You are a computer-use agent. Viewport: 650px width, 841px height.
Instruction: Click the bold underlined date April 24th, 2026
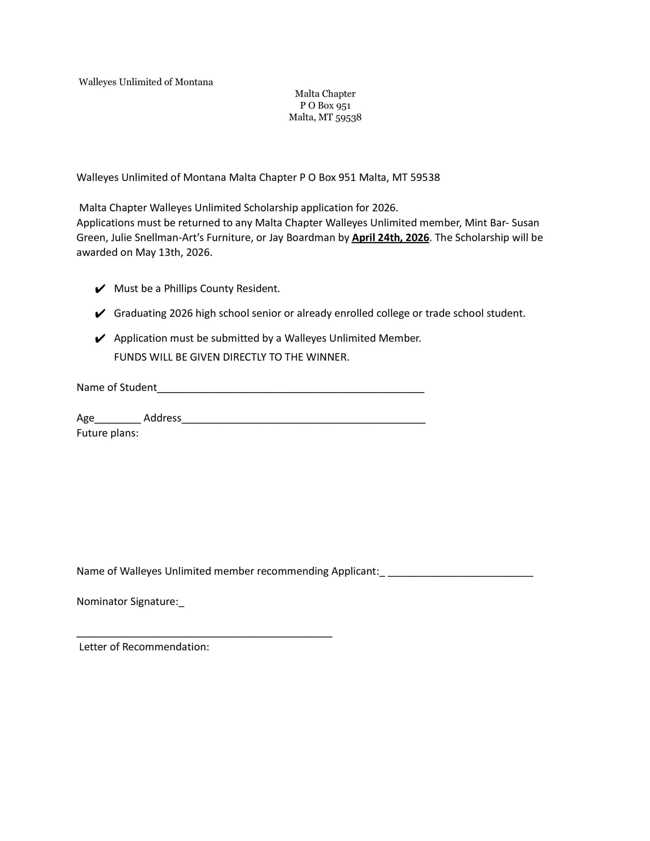(390, 238)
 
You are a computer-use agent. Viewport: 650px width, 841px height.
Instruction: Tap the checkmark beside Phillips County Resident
(100, 289)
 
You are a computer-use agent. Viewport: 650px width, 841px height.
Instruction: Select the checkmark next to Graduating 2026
(100, 314)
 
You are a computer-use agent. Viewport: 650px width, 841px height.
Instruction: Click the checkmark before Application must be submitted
(100, 338)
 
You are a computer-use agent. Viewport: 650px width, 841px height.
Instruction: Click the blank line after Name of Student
(290, 390)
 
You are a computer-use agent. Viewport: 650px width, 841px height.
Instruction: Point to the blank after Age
(118, 421)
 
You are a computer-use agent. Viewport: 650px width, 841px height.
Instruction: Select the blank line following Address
(303, 421)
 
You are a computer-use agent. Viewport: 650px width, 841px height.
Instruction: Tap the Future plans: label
(107, 433)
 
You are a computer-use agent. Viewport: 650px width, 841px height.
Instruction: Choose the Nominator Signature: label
(128, 602)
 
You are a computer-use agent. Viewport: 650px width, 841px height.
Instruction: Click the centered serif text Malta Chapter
(325, 94)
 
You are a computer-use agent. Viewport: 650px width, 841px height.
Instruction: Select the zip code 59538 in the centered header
(348, 118)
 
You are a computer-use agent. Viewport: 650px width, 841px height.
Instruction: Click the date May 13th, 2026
(174, 253)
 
